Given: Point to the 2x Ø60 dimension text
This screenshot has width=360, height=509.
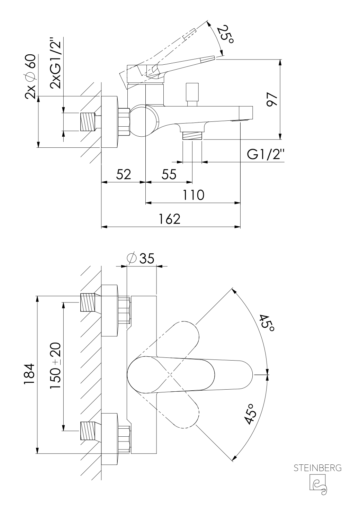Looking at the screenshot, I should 30,76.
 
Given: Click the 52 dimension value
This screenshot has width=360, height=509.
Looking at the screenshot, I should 124,174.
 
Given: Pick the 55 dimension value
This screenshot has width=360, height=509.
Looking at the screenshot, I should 169,174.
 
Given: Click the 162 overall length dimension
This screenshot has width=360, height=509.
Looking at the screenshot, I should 170,219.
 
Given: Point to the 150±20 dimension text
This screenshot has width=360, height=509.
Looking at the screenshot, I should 55,367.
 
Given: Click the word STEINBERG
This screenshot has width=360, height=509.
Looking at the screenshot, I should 317,468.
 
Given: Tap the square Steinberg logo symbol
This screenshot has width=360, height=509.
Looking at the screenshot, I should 318,483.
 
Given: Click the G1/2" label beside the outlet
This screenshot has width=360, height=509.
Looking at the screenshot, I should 265,155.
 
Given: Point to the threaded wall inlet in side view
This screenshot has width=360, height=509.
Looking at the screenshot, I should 88,122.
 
